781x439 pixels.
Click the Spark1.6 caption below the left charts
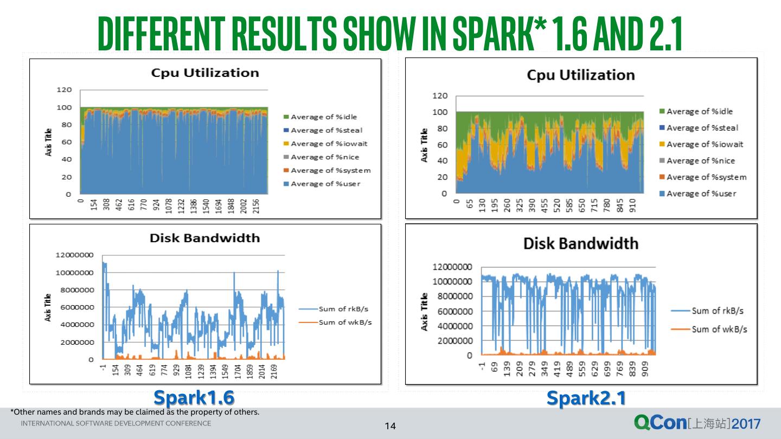click(194, 398)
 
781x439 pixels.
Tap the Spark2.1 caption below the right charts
click(586, 398)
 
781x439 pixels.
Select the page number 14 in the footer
click(390, 427)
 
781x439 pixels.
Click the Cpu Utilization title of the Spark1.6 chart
click(204, 73)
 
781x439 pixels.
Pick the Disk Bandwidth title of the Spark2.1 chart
click(580, 243)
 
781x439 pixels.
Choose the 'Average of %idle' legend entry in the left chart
click(324, 117)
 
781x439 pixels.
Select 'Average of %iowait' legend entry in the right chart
click(705, 144)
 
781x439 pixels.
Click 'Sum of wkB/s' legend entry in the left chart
click(345, 322)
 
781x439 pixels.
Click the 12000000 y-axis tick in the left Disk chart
click(74, 255)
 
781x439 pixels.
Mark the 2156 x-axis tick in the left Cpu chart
click(257, 206)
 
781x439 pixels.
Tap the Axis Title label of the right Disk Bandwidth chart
click(425, 312)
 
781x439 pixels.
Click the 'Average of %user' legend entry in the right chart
click(701, 193)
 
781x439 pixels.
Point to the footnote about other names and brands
click(135, 412)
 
